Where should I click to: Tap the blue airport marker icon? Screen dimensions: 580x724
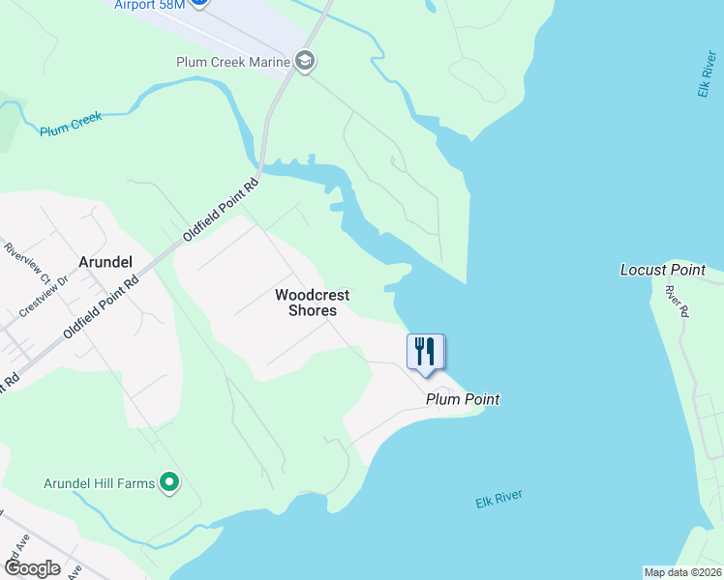point(198,3)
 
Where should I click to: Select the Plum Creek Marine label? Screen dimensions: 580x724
point(233,62)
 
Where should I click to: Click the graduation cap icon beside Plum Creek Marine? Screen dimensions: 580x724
point(306,62)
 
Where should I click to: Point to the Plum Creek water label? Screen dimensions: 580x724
point(71,125)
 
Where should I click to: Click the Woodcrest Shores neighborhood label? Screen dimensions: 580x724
point(312,303)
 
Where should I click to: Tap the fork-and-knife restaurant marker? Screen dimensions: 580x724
point(425,351)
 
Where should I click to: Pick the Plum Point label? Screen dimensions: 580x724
point(462,398)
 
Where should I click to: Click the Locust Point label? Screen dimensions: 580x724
point(663,270)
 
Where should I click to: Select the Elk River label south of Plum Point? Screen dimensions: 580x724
point(498,499)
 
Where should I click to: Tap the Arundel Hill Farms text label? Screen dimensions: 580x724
point(100,483)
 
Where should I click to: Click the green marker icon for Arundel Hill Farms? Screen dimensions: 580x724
point(170,481)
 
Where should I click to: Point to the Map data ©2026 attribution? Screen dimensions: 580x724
point(682,571)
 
